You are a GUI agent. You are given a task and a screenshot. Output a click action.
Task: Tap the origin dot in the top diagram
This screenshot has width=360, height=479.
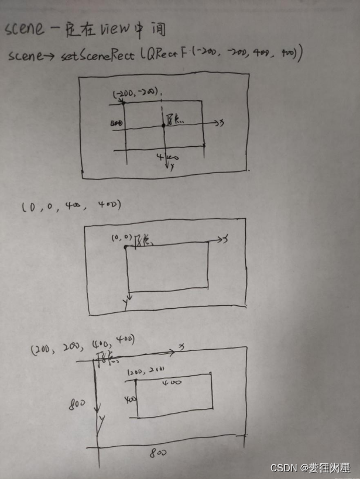pyautogui.click(x=163, y=126)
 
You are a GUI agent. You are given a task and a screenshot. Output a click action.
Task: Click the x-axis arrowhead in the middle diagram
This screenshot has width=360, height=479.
pyautogui.click(x=221, y=239)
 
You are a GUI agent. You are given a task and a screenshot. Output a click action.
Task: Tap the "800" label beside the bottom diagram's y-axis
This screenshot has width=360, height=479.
pyautogui.click(x=77, y=404)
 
